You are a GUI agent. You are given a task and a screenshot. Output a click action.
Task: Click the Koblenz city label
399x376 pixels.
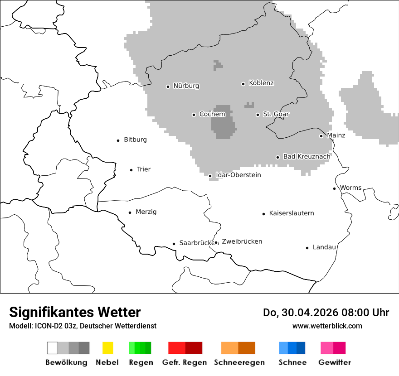pyautogui.click(x=261, y=83)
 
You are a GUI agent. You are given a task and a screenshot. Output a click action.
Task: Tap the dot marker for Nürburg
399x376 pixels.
pyautogui.click(x=168, y=86)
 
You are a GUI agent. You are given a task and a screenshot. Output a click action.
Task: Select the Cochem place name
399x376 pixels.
pyautogui.click(x=212, y=114)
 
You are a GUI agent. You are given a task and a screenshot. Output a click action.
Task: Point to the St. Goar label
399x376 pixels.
pyautogui.click(x=276, y=114)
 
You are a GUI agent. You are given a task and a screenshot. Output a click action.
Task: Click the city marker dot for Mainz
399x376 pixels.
pyautogui.click(x=321, y=136)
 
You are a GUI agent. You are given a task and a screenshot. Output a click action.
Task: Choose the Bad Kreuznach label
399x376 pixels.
pyautogui.click(x=307, y=156)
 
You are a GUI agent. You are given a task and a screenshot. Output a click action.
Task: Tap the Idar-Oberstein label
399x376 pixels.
pyautogui.click(x=238, y=175)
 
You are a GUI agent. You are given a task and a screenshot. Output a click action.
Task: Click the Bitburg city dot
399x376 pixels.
pyautogui.click(x=118, y=140)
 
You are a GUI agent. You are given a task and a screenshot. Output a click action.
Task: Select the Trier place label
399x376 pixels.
pyautogui.click(x=143, y=169)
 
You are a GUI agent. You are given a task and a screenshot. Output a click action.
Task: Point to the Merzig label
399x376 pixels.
pyautogui.click(x=146, y=212)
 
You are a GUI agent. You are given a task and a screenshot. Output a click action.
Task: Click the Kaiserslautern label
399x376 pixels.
pyautogui.click(x=291, y=213)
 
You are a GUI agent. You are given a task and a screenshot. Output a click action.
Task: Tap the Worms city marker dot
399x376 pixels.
pyautogui.click(x=335, y=188)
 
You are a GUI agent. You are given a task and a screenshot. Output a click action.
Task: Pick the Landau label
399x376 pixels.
pyautogui.click(x=324, y=247)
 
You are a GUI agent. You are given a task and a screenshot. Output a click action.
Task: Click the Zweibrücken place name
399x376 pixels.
pyautogui.click(x=242, y=241)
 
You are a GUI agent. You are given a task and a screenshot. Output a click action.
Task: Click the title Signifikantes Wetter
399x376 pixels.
pyautogui.click(x=75, y=312)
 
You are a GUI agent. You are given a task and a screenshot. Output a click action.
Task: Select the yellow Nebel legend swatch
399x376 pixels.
pyautogui.click(x=107, y=348)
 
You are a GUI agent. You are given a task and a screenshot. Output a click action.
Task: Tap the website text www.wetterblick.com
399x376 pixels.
pyautogui.click(x=327, y=326)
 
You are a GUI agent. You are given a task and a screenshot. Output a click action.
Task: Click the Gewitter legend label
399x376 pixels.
pyautogui.click(x=334, y=362)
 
